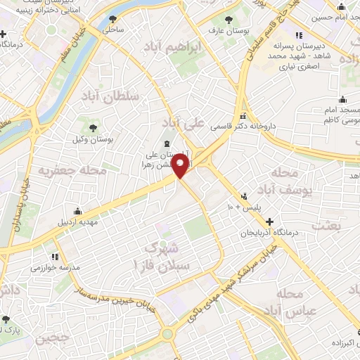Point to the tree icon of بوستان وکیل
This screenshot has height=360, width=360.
point(93,127)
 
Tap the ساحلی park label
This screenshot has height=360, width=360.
point(112,30)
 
